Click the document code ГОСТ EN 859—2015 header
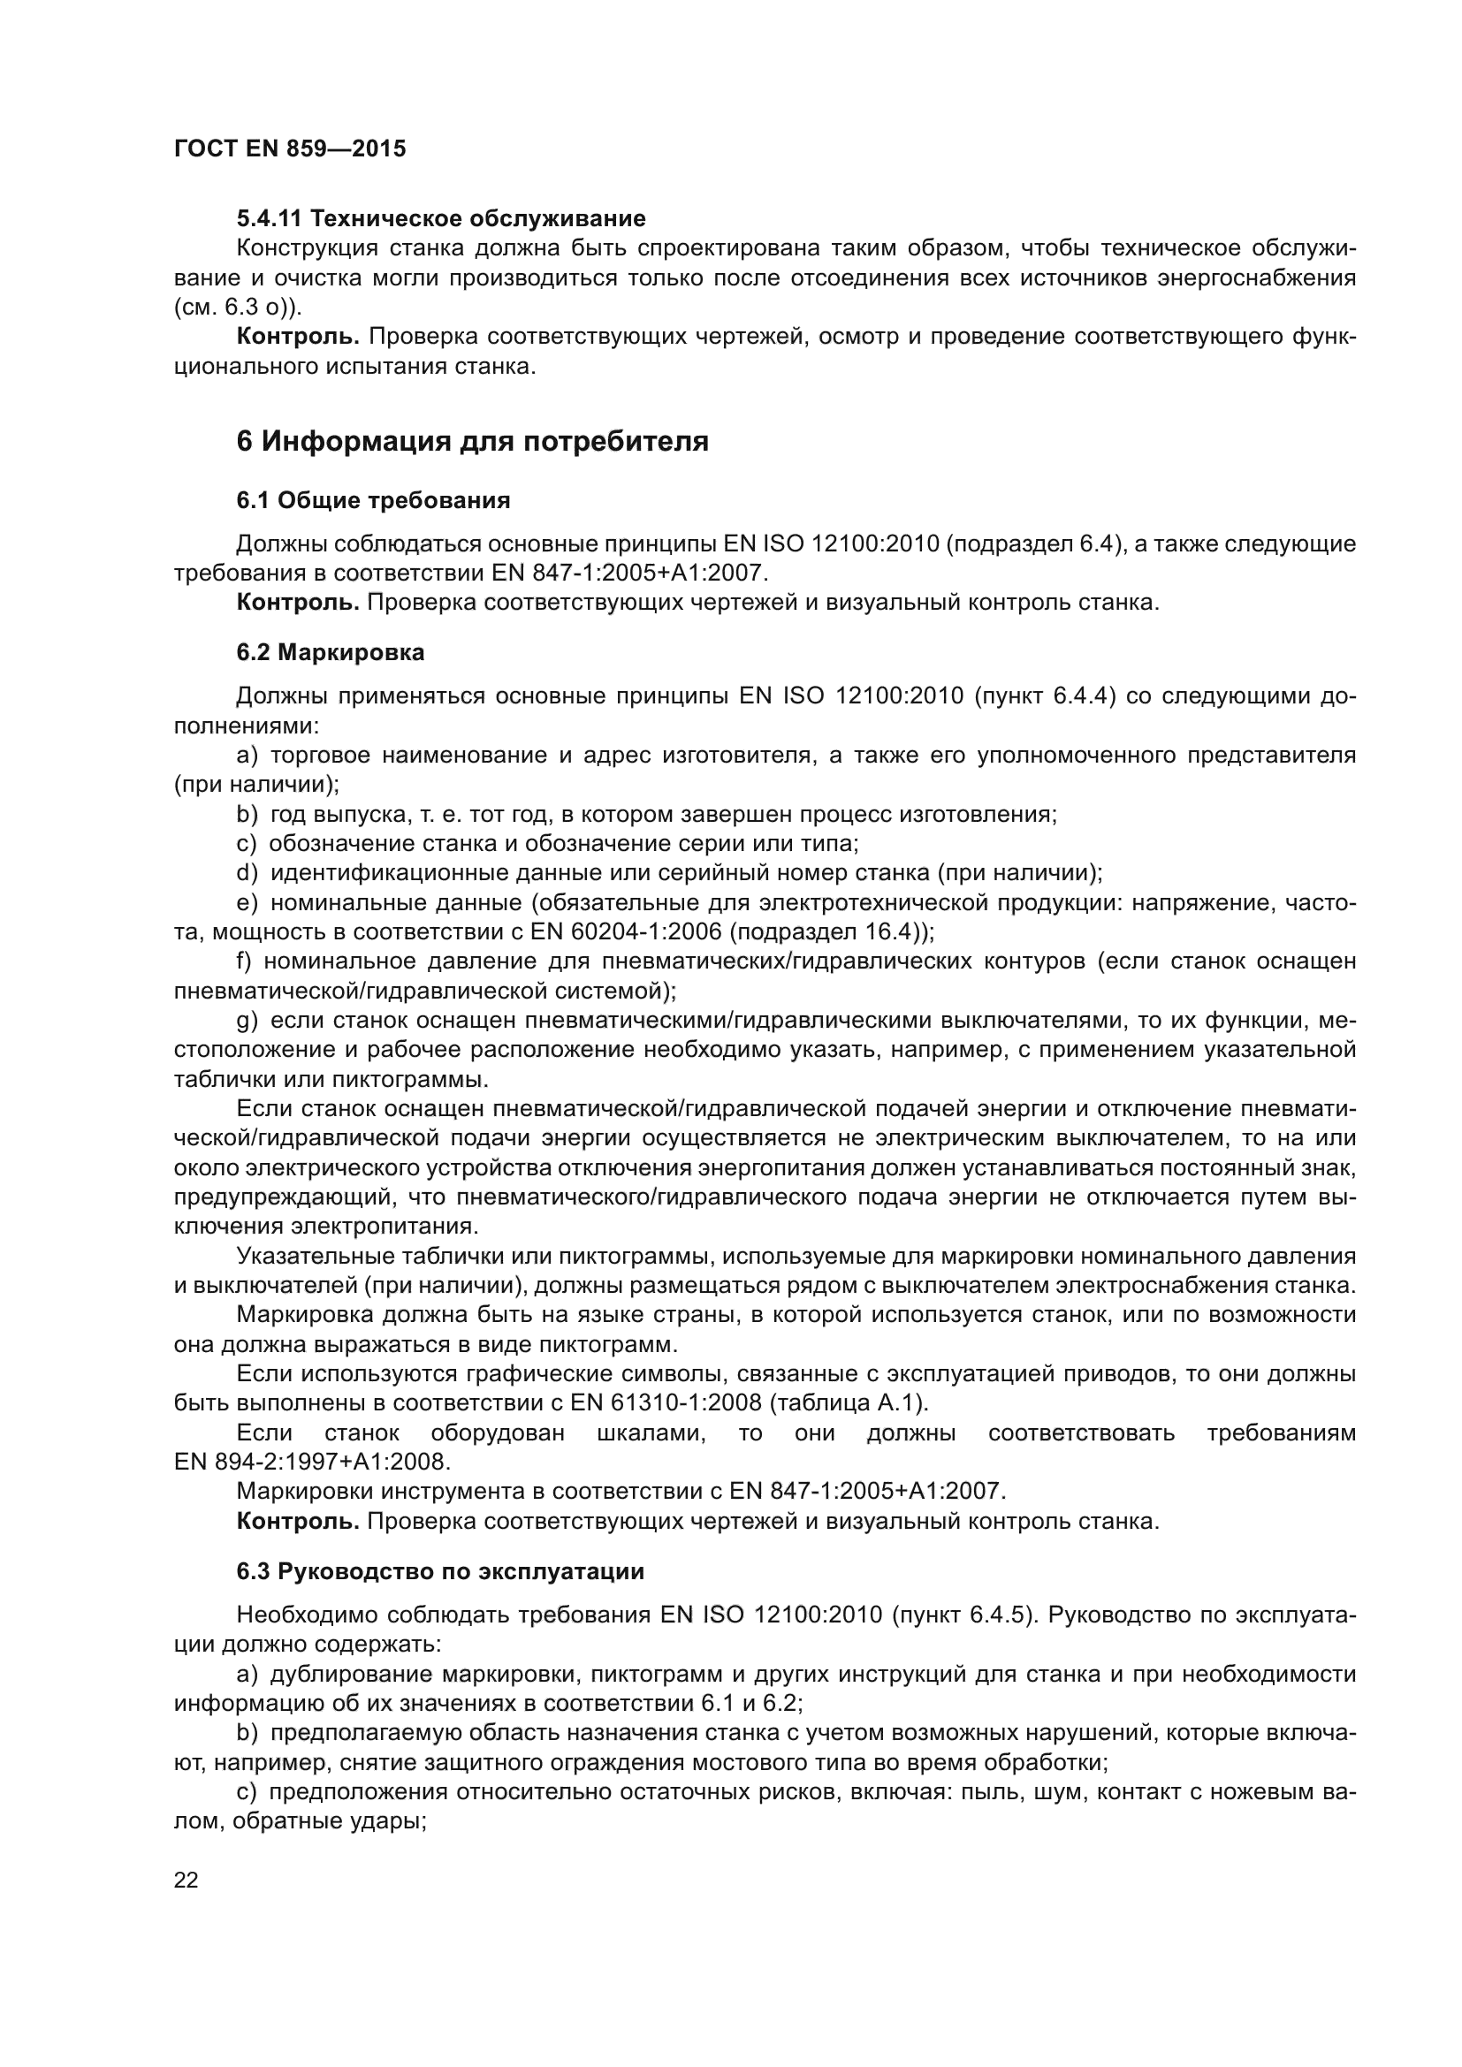tap(289, 149)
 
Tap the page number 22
tap(187, 1880)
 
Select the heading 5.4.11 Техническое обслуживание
tap(441, 219)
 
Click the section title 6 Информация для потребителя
tap(472, 442)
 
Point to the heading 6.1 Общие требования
tap(373, 500)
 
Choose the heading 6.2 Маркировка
tap(331, 653)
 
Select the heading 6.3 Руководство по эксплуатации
tap(440, 1572)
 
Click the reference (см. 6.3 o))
tap(238, 307)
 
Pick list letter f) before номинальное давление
tap(245, 961)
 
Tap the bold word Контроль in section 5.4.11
tap(297, 337)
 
